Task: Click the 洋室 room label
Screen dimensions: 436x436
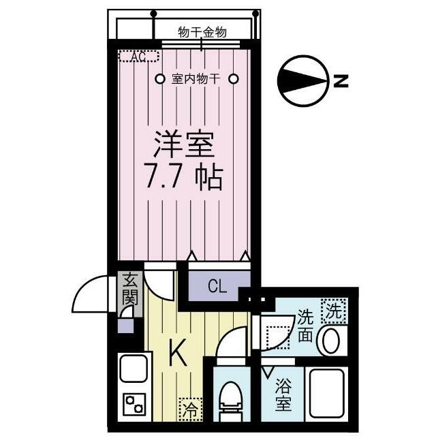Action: point(183,144)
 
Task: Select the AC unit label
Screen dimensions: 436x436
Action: point(139,57)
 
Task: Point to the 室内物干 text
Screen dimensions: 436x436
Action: point(196,79)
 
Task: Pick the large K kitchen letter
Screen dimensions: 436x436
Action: point(176,352)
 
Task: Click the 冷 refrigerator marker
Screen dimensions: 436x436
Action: point(190,409)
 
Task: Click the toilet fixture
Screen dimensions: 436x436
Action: point(230,401)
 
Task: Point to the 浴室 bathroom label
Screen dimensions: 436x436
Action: point(283,395)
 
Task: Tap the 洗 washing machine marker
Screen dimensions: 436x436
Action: point(333,311)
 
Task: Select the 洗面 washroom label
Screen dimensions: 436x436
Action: point(305,326)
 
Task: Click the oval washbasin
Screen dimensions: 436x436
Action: point(332,341)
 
